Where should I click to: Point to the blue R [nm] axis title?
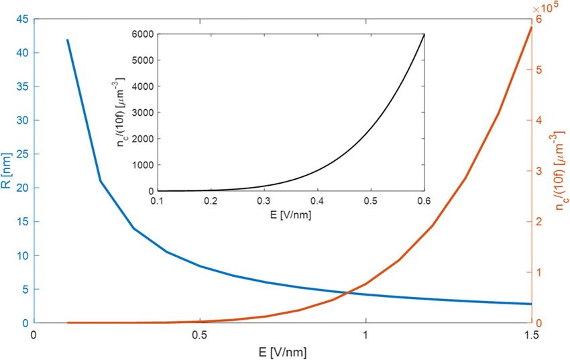pos(8,170)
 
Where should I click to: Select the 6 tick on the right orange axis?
pos(539,19)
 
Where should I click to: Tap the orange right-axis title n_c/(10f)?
pos(559,171)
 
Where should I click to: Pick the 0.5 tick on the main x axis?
pos(199,335)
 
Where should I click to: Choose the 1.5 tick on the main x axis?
pos(531,335)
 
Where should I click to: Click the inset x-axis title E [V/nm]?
pos(290,216)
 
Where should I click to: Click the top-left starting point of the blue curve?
pos(67,40)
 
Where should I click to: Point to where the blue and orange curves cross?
pos(349,292)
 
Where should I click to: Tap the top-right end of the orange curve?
pos(531,27)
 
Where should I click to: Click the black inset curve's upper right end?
pos(424,34)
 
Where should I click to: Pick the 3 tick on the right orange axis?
pos(539,171)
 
